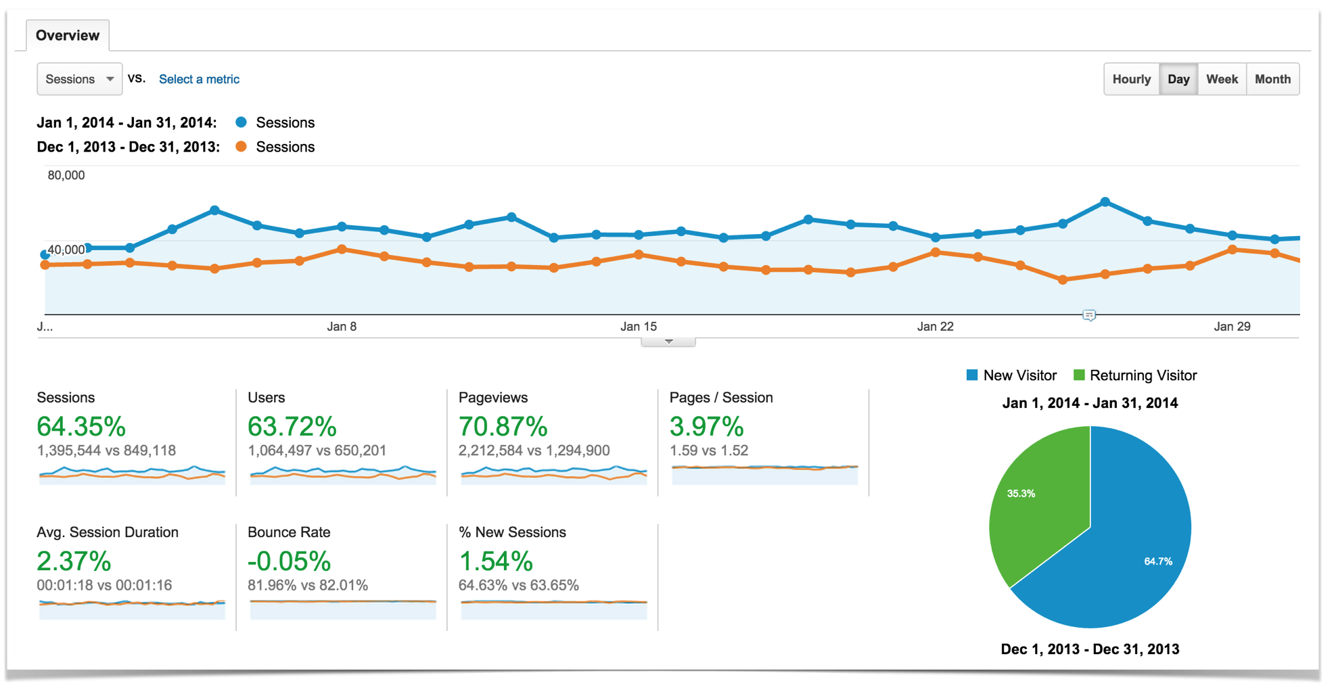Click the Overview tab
tap(67, 35)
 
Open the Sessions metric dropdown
tap(79, 79)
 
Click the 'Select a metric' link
tap(199, 79)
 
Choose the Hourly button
tap(1131, 79)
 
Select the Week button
tap(1221, 79)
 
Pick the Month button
tap(1272, 79)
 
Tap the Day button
tap(1178, 79)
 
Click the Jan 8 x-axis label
tap(342, 327)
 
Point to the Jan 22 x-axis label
tap(935, 327)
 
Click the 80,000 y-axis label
tap(66, 175)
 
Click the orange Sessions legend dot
tap(241, 147)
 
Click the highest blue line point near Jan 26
tap(1105, 202)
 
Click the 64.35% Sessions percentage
tap(81, 426)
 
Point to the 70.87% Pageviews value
tap(503, 426)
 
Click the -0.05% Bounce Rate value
tap(289, 561)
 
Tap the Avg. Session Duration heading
tap(108, 532)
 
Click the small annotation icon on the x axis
tap(1088, 315)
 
